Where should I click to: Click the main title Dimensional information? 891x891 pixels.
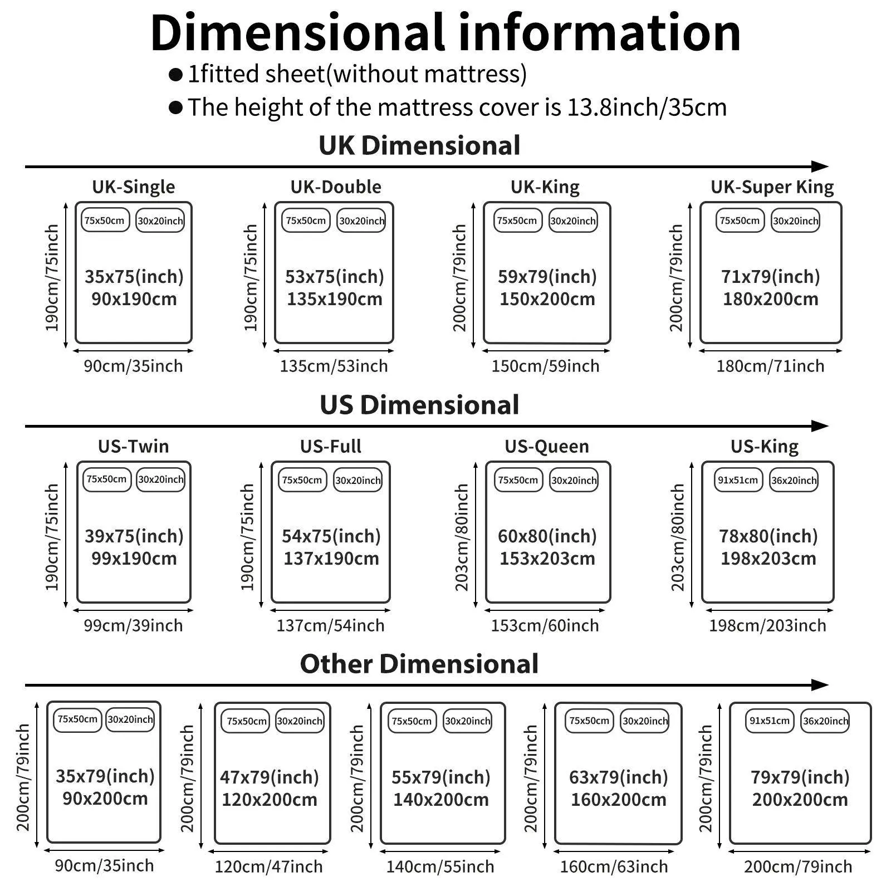tap(445, 33)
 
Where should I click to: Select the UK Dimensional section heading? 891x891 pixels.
tap(419, 146)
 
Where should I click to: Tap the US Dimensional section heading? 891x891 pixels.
tap(419, 405)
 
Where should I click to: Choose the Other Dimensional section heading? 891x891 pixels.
tap(419, 664)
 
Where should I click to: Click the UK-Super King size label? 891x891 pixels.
tap(772, 187)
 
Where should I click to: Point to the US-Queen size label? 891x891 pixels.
tap(546, 447)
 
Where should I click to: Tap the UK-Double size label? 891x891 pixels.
tap(336, 187)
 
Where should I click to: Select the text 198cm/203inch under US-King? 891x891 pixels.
tap(767, 626)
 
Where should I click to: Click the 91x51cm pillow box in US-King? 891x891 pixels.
tap(738, 480)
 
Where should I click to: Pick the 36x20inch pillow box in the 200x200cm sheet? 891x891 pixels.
tap(825, 721)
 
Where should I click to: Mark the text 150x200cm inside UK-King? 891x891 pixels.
tap(547, 300)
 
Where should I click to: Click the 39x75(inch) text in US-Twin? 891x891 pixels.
tap(134, 536)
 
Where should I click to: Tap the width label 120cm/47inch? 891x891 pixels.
tap(269, 866)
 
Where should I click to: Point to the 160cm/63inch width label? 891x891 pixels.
tap(614, 866)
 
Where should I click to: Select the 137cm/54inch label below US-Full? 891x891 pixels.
tap(330, 626)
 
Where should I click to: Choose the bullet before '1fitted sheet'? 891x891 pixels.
tap(176, 75)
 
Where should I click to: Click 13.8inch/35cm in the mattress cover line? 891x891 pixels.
tap(647, 107)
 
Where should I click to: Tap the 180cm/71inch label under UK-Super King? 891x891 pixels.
tap(770, 366)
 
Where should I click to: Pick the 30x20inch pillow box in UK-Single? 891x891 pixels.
tap(160, 221)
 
